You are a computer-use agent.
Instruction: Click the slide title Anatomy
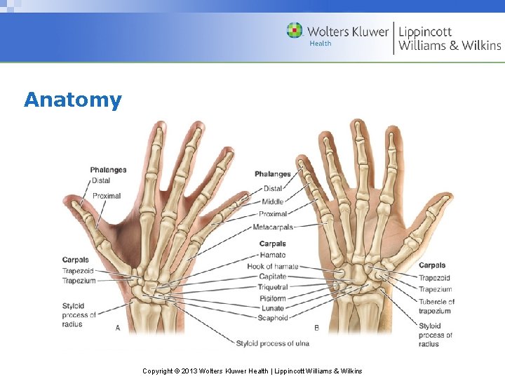click(x=72, y=100)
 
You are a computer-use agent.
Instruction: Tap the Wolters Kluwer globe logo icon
click(x=295, y=31)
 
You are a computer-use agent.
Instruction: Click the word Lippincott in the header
click(x=425, y=32)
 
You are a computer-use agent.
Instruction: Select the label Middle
click(x=273, y=201)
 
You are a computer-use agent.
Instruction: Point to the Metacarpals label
click(x=273, y=227)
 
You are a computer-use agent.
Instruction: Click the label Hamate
click(x=273, y=255)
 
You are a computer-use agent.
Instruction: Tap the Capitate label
click(x=273, y=277)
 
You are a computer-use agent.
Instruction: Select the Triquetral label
click(x=273, y=287)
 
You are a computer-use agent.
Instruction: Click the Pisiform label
click(x=273, y=298)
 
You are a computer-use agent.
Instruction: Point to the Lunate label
click(x=273, y=308)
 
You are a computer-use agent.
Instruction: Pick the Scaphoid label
click(x=273, y=318)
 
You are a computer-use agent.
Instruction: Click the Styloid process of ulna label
click(x=272, y=343)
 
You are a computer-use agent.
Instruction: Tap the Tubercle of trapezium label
click(x=436, y=306)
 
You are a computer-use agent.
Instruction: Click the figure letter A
click(x=117, y=328)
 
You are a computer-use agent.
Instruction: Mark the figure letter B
click(x=316, y=328)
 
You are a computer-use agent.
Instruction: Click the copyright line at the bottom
click(x=252, y=371)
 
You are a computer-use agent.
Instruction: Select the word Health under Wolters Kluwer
click(x=321, y=44)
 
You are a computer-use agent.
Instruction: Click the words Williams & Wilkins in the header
click(x=450, y=46)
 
